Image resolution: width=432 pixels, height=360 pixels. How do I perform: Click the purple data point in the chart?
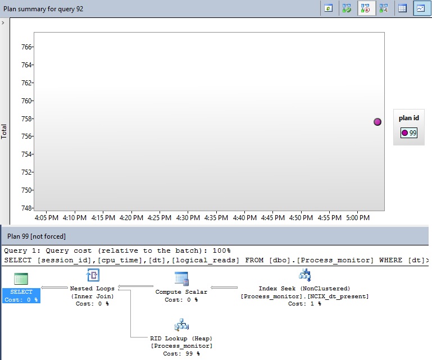tap(378, 122)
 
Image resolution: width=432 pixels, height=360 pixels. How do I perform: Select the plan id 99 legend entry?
tap(409, 133)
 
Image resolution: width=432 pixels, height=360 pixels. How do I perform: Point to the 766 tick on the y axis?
tap(26, 47)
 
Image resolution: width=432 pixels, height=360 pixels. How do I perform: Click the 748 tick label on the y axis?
tap(26, 208)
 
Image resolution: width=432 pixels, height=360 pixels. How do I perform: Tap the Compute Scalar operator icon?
tap(181, 278)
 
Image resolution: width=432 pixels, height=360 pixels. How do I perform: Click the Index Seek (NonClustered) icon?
tap(304, 275)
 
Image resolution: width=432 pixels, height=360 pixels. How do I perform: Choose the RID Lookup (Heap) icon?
tap(181, 325)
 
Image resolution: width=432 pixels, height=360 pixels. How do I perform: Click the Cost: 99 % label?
tap(181, 354)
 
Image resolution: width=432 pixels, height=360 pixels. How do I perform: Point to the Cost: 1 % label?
tap(304, 304)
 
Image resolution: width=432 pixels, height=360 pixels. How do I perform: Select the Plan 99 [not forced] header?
tap(33, 236)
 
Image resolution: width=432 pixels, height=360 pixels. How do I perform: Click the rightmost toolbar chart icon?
tap(420, 8)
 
